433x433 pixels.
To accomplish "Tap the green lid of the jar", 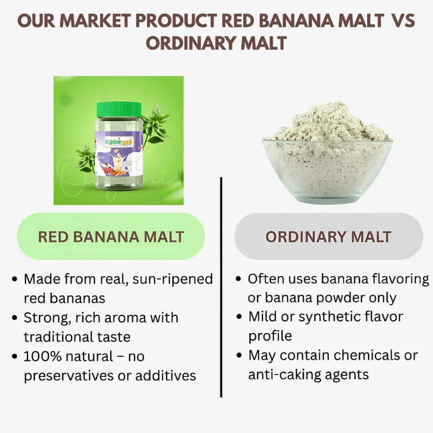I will (119, 109).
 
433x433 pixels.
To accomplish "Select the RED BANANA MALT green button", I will (111, 237).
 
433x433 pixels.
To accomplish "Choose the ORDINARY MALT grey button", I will (328, 237).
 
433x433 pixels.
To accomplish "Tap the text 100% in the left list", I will (40, 356).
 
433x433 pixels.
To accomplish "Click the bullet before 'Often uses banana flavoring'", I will (239, 279).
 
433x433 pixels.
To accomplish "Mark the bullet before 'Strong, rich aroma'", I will (15, 318).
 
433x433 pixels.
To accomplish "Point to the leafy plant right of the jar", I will (156, 124).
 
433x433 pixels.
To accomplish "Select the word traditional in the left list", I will (58, 337).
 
